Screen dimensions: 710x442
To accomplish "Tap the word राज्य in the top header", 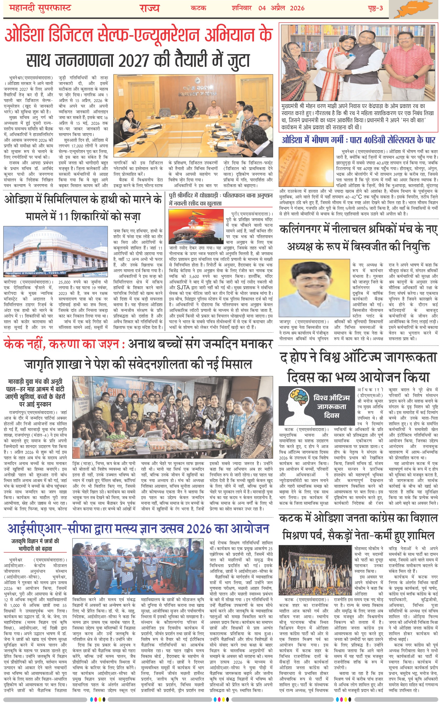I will tap(149, 8).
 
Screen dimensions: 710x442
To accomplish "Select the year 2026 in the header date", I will tap(297, 8).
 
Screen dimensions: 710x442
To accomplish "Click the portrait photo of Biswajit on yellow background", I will tap(314, 288).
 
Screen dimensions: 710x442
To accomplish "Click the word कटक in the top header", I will tap(198, 8).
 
